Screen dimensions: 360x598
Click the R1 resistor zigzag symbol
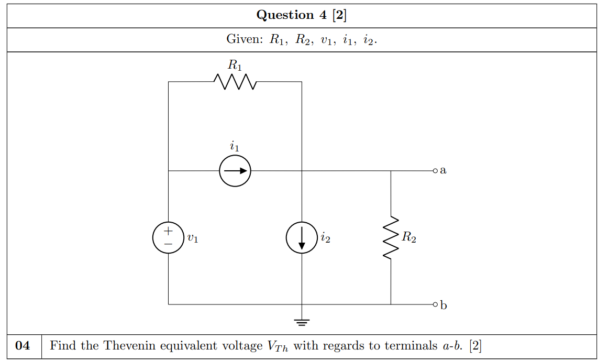point(235,82)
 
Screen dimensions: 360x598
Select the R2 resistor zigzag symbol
point(391,238)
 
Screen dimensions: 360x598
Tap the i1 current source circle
point(235,171)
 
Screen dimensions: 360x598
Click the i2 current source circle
point(302,238)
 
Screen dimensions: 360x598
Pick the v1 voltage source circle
point(168,238)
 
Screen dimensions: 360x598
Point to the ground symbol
point(302,321)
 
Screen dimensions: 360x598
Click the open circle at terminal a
point(435,171)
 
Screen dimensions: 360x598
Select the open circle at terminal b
point(435,304)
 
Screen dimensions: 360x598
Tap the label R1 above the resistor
point(235,66)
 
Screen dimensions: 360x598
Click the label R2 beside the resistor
point(409,238)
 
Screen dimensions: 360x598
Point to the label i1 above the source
point(235,146)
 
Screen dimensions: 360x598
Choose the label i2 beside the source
point(325,238)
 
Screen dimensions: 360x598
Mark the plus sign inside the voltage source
point(168,231)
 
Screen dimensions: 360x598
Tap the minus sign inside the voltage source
point(168,244)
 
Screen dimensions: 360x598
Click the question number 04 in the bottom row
point(24,346)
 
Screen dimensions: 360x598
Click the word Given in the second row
point(244,40)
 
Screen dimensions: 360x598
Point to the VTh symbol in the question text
point(278,346)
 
